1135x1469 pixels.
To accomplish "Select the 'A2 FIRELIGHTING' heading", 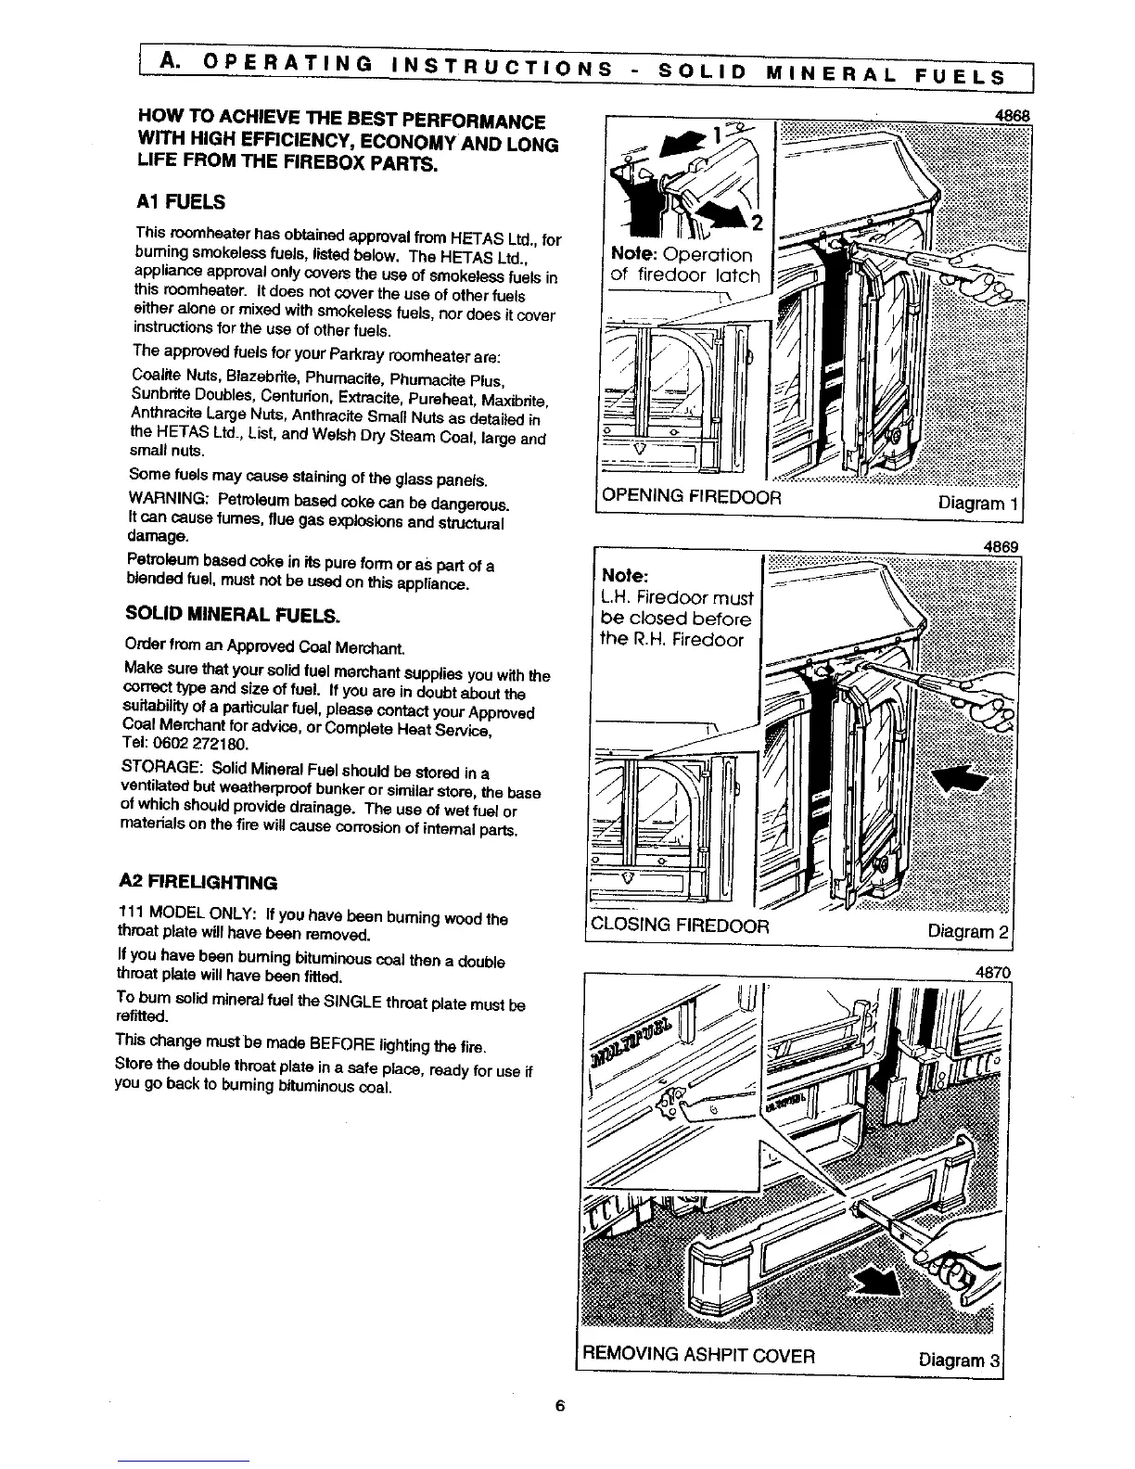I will click(198, 881).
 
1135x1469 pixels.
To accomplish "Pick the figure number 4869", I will click(1001, 547).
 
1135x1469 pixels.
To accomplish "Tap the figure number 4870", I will click(990, 973).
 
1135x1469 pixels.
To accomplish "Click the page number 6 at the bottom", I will click(559, 1405).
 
